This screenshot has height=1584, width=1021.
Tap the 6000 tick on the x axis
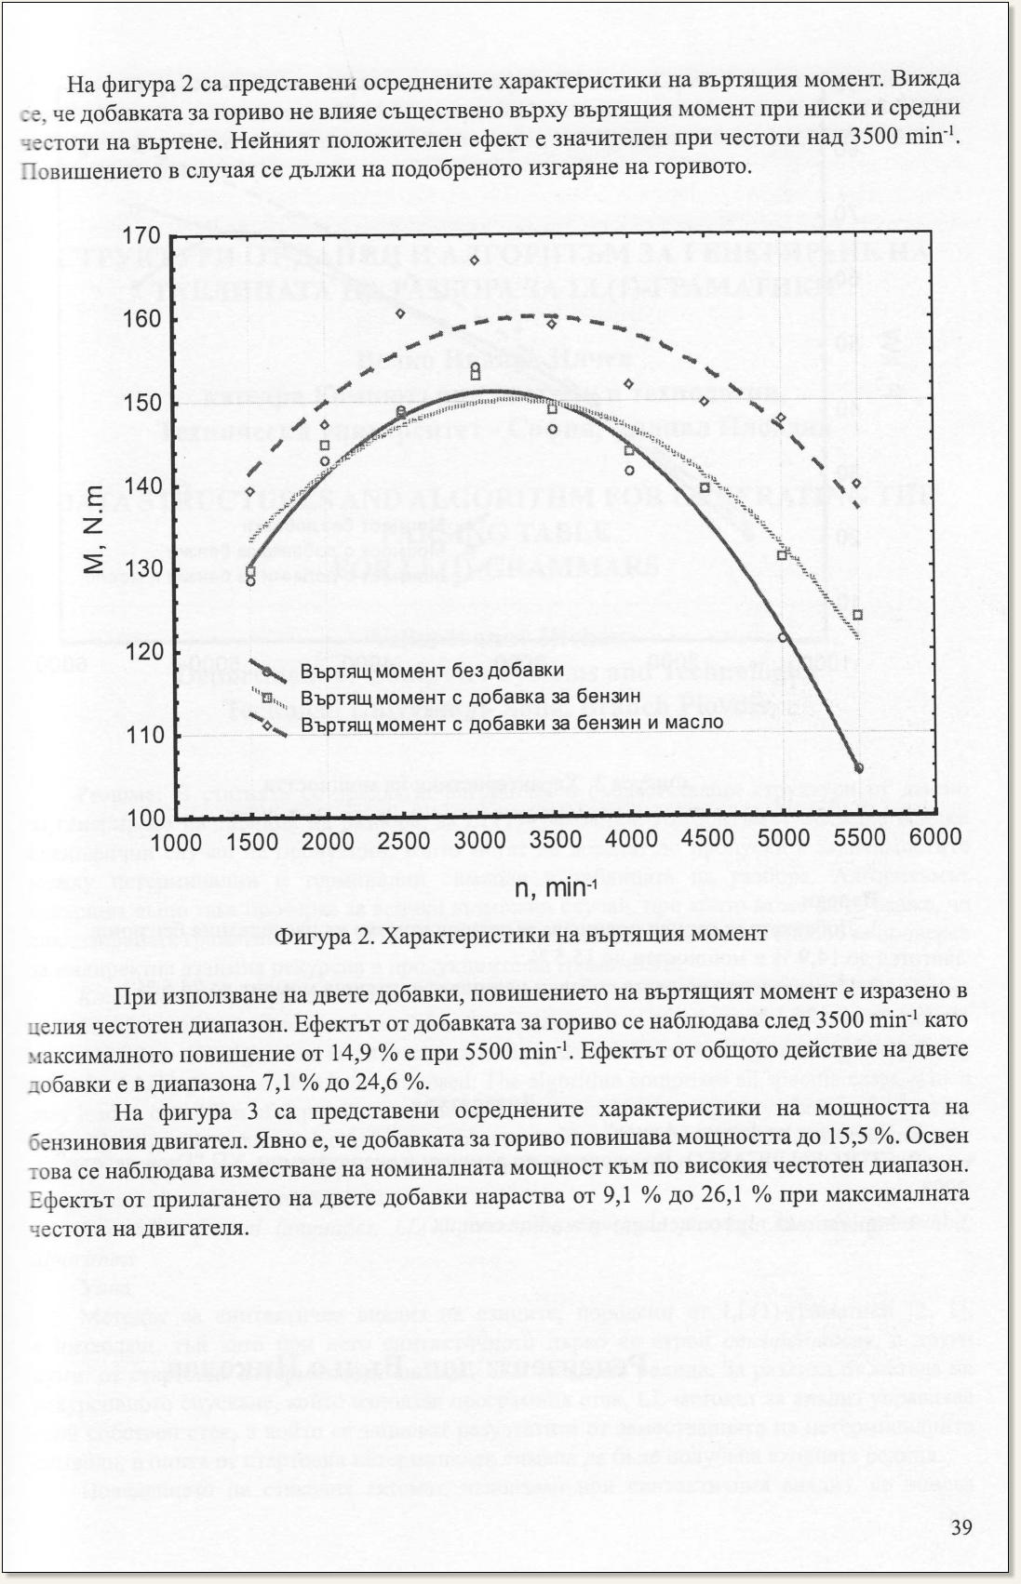tap(934, 838)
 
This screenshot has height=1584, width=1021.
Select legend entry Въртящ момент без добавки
tap(432, 671)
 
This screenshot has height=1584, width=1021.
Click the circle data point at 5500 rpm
tap(858, 767)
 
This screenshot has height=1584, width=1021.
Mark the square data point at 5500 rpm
tap(858, 614)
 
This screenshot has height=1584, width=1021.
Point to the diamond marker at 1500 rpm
tap(250, 491)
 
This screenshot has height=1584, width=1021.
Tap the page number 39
tap(961, 1528)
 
